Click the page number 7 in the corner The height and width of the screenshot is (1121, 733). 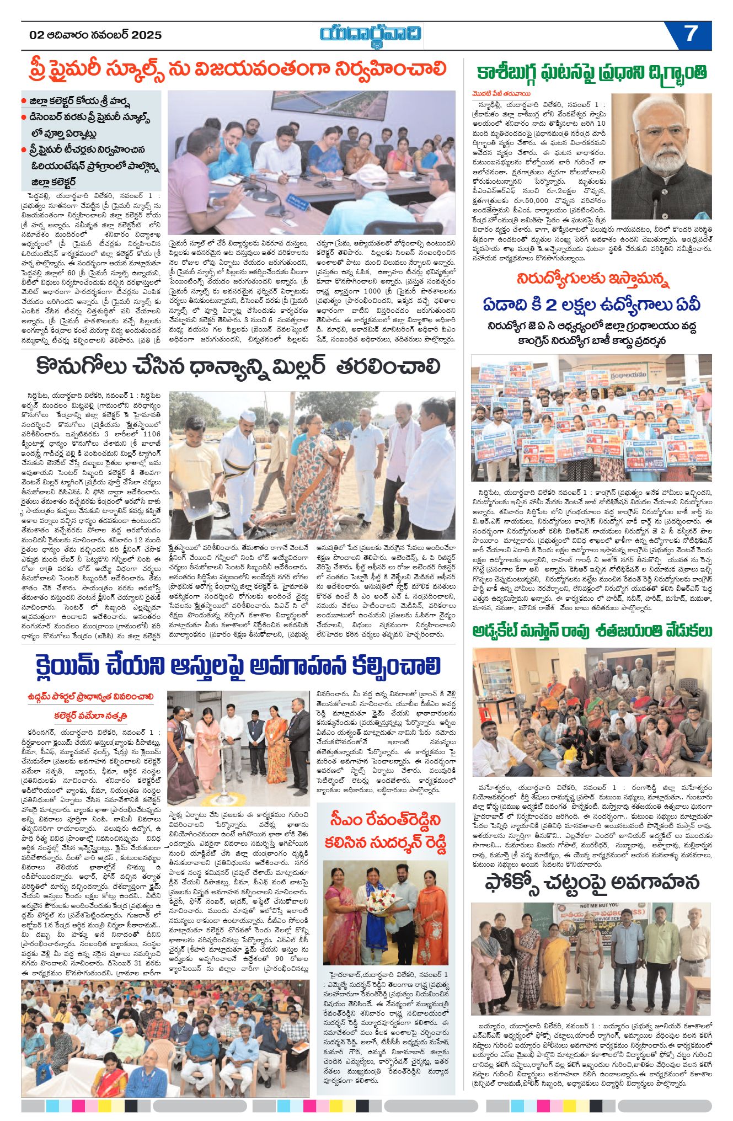[x=691, y=34]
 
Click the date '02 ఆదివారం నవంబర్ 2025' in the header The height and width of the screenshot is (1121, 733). [x=95, y=35]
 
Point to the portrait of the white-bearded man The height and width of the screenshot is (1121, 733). [x=661, y=148]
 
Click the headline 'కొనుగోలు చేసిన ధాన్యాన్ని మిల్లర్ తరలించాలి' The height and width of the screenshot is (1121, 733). [x=238, y=367]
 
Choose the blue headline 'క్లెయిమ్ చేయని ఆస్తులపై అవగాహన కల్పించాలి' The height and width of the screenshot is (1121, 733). [x=238, y=666]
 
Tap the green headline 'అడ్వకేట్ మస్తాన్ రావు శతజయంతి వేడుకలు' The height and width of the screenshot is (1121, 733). [x=592, y=631]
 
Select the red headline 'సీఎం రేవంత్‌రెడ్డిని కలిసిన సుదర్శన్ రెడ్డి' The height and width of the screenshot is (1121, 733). [x=386, y=831]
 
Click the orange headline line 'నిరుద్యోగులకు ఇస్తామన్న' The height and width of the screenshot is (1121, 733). [x=592, y=279]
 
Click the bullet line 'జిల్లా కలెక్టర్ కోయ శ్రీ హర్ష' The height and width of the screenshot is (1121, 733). [x=79, y=102]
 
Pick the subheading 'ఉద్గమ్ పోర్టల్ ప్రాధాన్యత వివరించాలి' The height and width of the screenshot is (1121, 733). [x=91, y=697]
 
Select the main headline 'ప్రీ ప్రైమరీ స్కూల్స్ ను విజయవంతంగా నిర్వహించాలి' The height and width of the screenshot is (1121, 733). [x=238, y=70]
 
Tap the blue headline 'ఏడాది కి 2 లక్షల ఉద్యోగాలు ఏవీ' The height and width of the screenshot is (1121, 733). [x=592, y=305]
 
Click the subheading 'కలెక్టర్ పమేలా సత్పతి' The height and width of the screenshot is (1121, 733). [x=91, y=716]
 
